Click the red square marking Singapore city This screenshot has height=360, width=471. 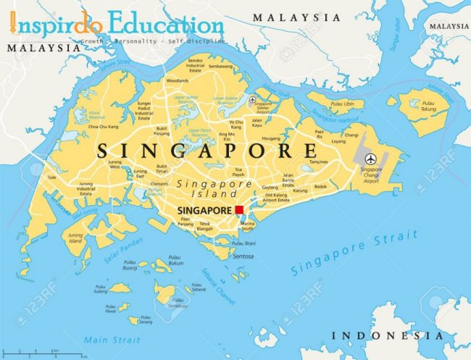239,210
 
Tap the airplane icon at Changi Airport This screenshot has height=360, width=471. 371,159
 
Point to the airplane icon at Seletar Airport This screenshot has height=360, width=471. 252,100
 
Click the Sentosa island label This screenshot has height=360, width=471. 243,256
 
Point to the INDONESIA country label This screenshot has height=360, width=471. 387,336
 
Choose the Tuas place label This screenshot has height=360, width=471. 51,177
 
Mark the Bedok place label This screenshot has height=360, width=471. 320,186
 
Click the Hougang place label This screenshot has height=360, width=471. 271,138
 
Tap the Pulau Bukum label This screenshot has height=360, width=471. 175,260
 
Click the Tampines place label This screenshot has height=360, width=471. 318,162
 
